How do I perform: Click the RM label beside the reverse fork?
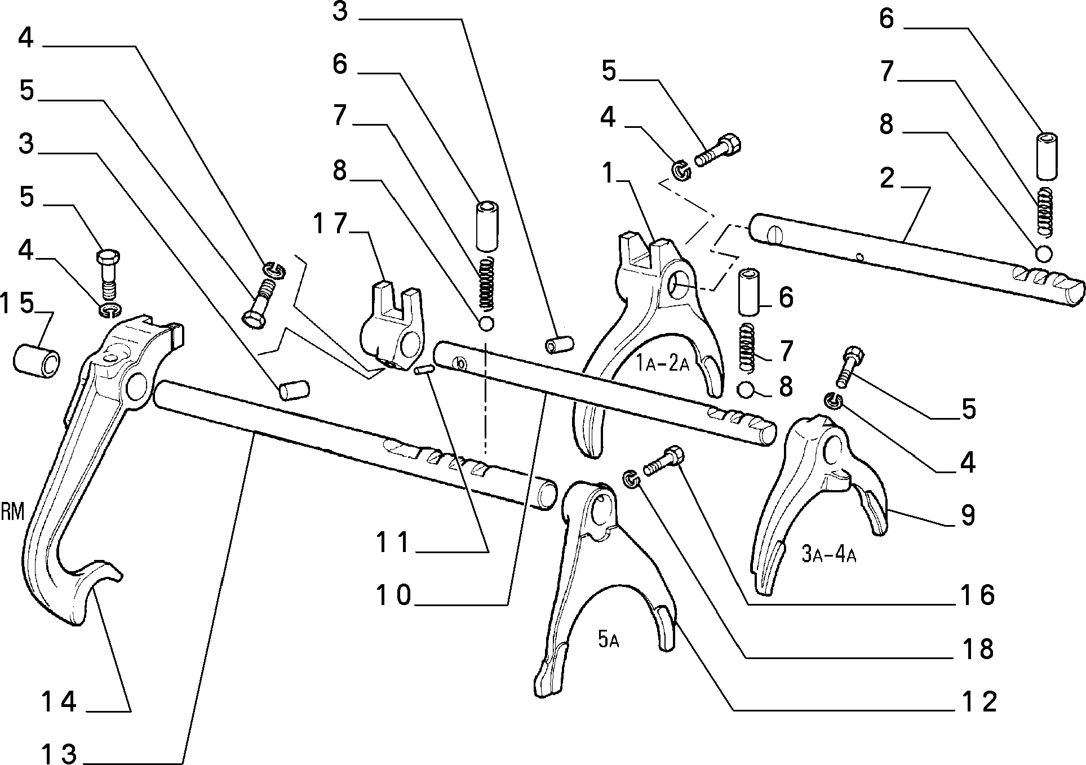point(12,512)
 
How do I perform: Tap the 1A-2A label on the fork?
point(663,363)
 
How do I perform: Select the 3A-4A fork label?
point(828,555)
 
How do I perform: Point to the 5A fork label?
point(609,640)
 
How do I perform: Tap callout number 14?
point(59,701)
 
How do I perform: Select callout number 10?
point(394,595)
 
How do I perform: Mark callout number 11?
point(392,543)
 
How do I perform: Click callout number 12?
point(979,701)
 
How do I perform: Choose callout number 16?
point(978,595)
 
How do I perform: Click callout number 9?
point(968,514)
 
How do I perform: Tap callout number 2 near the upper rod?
point(886,179)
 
